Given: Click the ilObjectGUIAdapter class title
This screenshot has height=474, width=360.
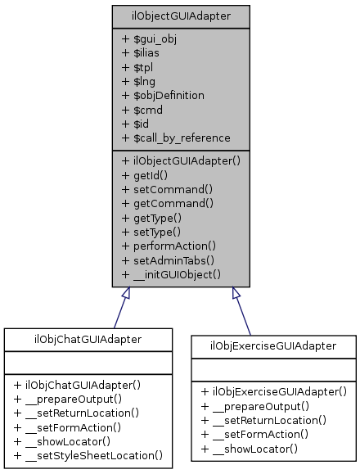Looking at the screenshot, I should point(181,16).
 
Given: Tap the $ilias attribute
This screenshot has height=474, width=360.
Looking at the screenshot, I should point(142,53).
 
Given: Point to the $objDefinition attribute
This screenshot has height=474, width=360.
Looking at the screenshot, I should point(163,95).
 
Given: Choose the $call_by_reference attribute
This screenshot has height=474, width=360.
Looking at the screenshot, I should point(176,137).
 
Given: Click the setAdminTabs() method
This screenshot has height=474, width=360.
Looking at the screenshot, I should point(168,259).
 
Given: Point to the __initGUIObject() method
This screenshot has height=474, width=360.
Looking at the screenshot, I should point(171,273).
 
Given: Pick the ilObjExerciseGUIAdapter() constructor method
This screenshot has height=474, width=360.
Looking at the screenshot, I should point(274,391).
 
